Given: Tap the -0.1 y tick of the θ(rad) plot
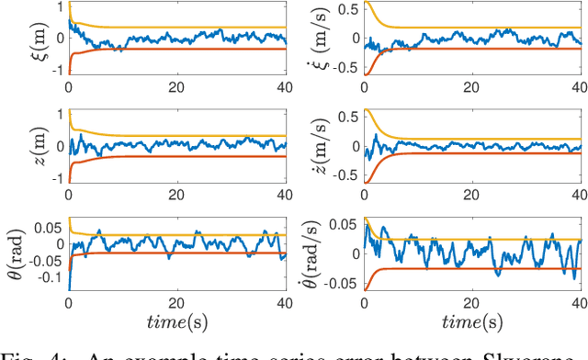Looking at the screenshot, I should click(x=51, y=276).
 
